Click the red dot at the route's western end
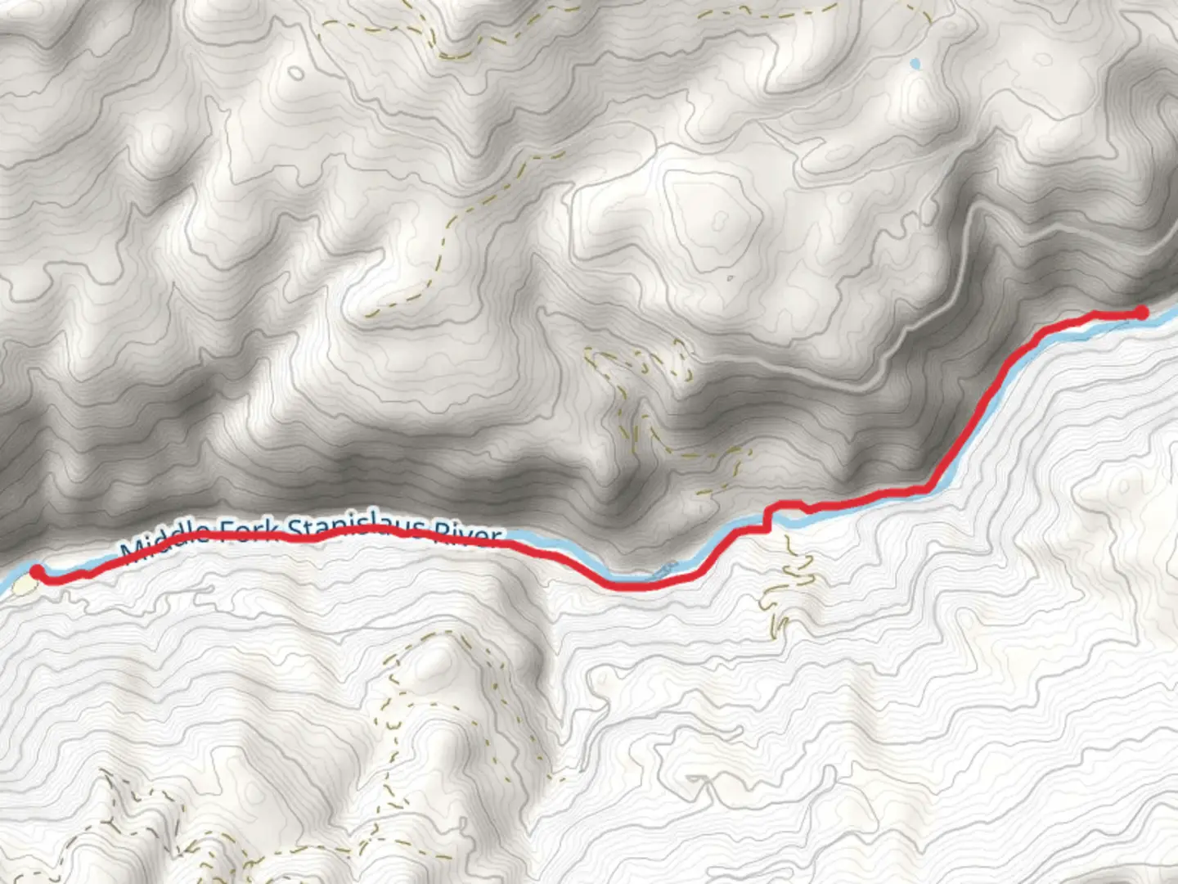[37, 571]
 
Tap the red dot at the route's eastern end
[1141, 312]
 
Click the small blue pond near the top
[915, 63]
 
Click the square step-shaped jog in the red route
[767, 519]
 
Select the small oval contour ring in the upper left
[295, 74]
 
